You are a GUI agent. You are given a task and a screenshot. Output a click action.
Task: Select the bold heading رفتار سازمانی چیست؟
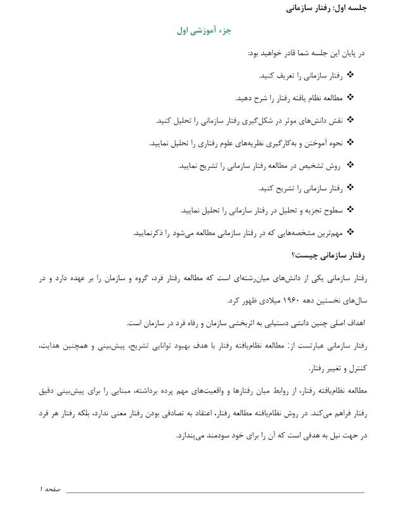[x=329, y=255]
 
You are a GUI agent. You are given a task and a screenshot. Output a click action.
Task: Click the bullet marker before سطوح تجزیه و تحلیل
[x=351, y=210]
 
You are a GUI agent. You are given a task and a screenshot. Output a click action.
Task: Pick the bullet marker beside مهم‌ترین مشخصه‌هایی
[x=351, y=232]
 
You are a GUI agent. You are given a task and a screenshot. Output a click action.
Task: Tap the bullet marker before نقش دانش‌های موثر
[x=351, y=120]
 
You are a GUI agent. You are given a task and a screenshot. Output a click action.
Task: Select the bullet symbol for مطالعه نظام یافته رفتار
[x=351, y=98]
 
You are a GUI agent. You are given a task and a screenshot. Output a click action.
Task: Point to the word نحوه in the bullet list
[x=335, y=143]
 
